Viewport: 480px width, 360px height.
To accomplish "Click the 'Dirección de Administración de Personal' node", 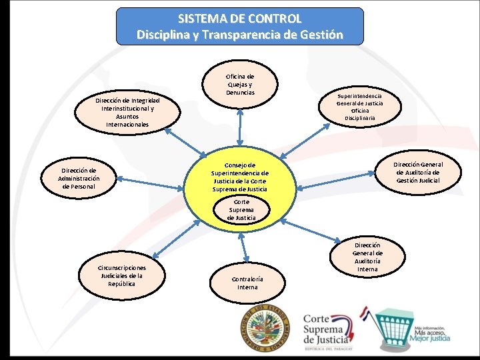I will (x=79, y=179).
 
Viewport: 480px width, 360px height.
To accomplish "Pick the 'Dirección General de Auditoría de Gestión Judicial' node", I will (x=417, y=173).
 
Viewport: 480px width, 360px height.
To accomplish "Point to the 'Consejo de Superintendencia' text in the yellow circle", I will (x=240, y=177).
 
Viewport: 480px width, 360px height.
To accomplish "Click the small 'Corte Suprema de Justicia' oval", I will (x=241, y=209).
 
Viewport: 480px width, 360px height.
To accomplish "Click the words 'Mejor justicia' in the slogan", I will (x=432, y=338).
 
